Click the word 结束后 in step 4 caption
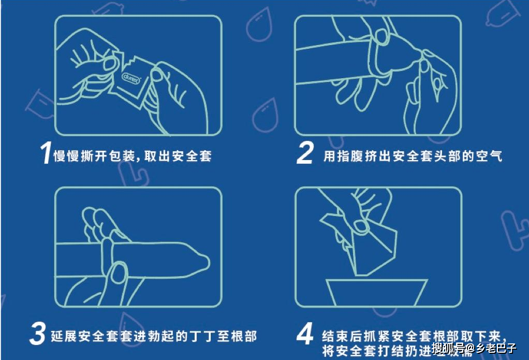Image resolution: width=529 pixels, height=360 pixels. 341,333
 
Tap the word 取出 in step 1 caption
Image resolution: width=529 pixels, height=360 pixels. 157,155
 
